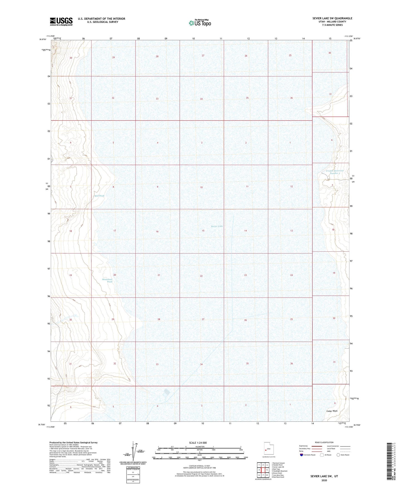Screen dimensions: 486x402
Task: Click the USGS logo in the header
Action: click(x=61, y=21)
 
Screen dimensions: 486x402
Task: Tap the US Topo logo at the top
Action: click(x=200, y=23)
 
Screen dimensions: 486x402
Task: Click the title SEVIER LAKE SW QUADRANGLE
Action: click(x=332, y=18)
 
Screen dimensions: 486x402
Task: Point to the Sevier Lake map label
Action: click(x=217, y=226)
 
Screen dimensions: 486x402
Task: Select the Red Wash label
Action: click(x=99, y=196)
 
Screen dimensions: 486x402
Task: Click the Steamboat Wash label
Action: click(x=107, y=280)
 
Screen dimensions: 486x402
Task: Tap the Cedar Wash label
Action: click(x=332, y=411)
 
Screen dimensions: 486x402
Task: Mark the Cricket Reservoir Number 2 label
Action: click(x=335, y=172)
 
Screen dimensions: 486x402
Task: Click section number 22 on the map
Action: click(x=201, y=276)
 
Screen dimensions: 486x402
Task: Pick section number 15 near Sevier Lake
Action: click(x=203, y=231)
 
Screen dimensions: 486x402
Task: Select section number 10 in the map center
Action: click(x=201, y=187)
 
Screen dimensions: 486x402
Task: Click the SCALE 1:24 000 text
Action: click(x=198, y=443)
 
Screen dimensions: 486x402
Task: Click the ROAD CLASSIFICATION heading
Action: click(x=324, y=442)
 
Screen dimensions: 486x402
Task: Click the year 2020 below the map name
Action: click(x=324, y=480)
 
